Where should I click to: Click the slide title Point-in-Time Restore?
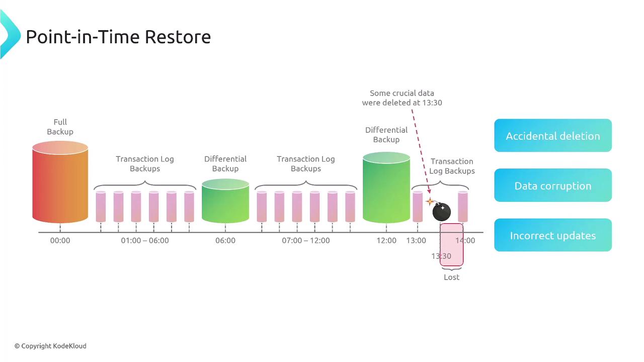[x=118, y=37]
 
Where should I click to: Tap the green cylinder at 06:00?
[x=225, y=201]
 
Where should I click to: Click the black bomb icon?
[x=441, y=212]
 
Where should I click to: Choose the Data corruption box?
[x=552, y=186]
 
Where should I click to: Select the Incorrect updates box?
[x=552, y=235]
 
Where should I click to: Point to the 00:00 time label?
[x=60, y=241]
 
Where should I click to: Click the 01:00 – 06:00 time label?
[x=145, y=241]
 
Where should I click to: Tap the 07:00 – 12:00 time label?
[x=306, y=241]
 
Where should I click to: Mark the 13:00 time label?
[x=416, y=241]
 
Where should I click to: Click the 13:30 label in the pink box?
[x=441, y=256]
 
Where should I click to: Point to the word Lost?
[x=451, y=278]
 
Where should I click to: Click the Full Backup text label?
[x=60, y=127]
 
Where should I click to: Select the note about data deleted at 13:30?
[x=402, y=98]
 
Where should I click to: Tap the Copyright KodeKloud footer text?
[x=50, y=346]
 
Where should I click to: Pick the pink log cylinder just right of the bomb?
[x=463, y=207]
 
